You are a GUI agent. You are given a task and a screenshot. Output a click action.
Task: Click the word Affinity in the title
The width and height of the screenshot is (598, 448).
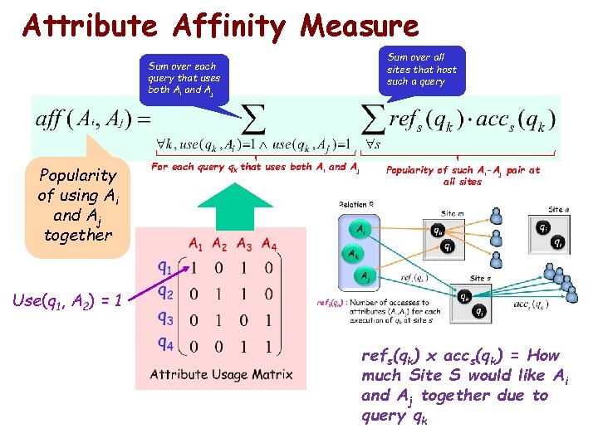pos(230,27)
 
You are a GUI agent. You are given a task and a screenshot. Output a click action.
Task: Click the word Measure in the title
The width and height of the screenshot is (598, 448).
pos(360,27)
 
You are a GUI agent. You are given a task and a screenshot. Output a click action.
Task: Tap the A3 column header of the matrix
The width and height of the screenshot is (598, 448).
pos(244,244)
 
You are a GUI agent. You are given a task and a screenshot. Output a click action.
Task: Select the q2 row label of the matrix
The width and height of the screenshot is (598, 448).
pos(165,293)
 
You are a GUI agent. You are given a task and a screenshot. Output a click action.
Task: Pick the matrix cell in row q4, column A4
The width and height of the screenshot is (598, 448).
pos(268,345)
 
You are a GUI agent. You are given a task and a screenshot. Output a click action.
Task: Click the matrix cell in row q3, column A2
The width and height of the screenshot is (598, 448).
pos(218,320)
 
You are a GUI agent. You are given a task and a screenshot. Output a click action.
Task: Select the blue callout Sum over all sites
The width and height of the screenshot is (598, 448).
pos(422,69)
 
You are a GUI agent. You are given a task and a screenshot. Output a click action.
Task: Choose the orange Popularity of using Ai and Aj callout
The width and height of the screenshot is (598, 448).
pos(79,204)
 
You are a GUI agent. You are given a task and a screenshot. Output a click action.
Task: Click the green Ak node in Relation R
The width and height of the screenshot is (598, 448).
pos(354,254)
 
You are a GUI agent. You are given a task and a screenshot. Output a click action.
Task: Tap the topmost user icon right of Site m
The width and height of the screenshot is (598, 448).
pos(497,215)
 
